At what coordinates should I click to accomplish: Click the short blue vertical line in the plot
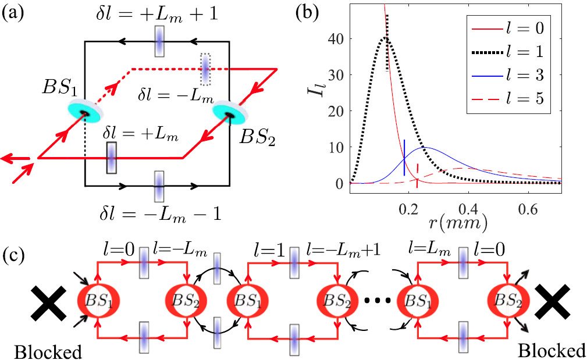click(404, 157)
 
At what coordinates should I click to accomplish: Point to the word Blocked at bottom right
click(553, 351)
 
